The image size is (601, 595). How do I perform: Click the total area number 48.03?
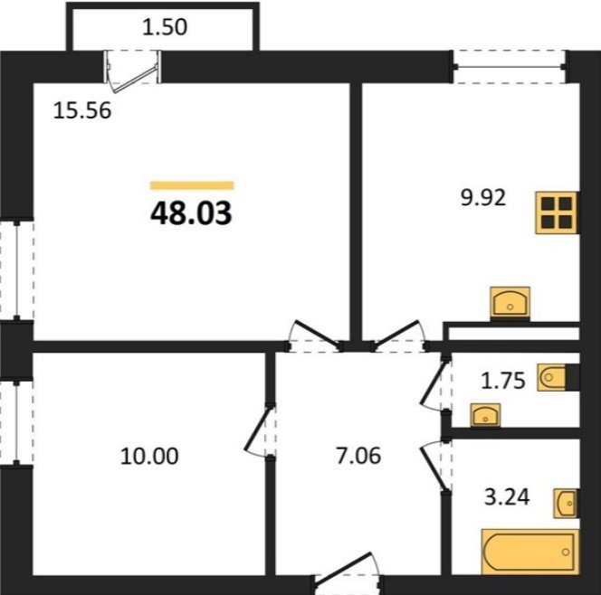click(191, 213)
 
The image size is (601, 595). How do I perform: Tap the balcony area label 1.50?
click(165, 27)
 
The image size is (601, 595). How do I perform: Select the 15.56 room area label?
click(82, 110)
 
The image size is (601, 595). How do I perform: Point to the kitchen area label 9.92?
click(483, 198)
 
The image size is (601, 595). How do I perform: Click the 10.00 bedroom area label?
click(149, 456)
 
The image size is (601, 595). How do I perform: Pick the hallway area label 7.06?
click(358, 456)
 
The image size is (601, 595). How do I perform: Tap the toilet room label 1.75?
click(502, 381)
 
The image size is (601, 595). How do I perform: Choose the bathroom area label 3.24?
click(507, 497)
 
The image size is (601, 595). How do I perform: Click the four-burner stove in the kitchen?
click(557, 212)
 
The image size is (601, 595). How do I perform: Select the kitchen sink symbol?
click(510, 303)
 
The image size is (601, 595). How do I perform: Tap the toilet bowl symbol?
click(552, 377)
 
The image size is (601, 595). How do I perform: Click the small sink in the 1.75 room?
click(485, 415)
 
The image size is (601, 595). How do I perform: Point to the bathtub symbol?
click(530, 552)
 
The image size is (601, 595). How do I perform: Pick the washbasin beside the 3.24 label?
click(566, 504)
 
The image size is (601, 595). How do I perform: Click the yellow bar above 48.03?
click(192, 185)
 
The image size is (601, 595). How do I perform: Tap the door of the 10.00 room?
click(260, 431)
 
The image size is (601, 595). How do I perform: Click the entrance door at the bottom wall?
click(347, 571)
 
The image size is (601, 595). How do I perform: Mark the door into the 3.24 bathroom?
click(435, 465)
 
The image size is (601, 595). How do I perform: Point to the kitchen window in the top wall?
click(509, 67)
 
